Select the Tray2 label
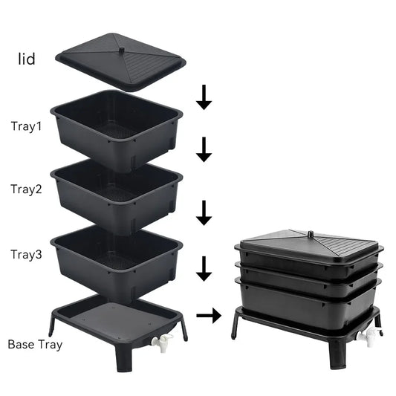pos(27,189)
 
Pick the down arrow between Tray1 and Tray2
pos(204,150)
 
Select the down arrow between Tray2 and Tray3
pos(204,213)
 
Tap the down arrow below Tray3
pos(204,269)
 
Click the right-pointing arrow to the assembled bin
pos(210,315)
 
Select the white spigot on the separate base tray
pos(162,343)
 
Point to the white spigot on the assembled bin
pos(366,338)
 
